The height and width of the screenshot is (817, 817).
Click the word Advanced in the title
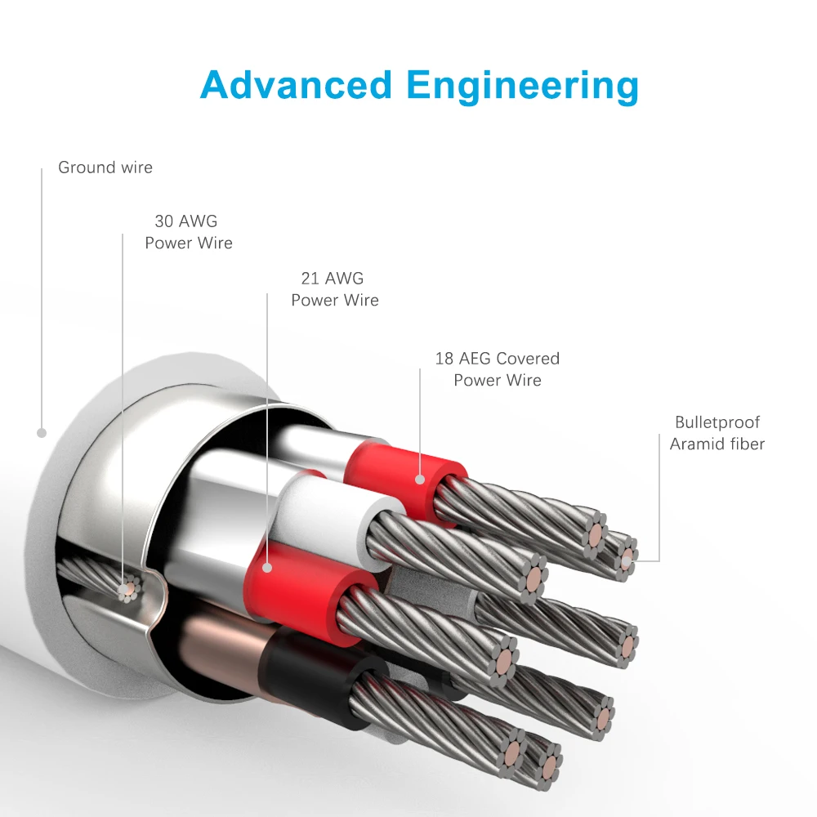coord(296,85)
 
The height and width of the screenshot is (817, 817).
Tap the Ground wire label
coord(105,167)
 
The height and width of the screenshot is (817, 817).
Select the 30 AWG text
coord(186,221)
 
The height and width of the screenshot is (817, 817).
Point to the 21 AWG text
coord(333,279)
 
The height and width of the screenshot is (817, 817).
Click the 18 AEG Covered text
coord(498,359)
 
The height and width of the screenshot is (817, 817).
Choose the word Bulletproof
coord(717,422)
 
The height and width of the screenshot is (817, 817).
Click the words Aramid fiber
coord(717,444)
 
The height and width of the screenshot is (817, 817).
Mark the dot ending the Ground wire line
coord(42,433)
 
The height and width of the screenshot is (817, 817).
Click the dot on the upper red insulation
coord(420,480)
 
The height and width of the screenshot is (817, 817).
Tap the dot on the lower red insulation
coord(267,568)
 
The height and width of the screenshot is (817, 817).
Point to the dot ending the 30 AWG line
coord(123,590)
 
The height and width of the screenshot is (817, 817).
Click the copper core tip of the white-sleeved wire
coord(533,579)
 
